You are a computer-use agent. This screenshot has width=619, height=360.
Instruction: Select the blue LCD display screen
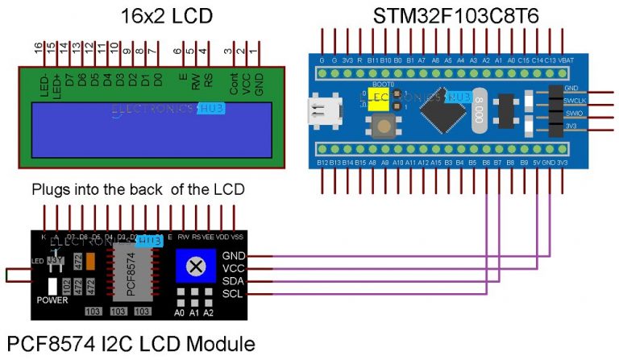tap(151, 129)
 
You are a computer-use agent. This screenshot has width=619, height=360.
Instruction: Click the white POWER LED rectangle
tap(52, 287)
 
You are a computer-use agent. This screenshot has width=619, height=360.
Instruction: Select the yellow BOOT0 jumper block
tap(376, 97)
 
